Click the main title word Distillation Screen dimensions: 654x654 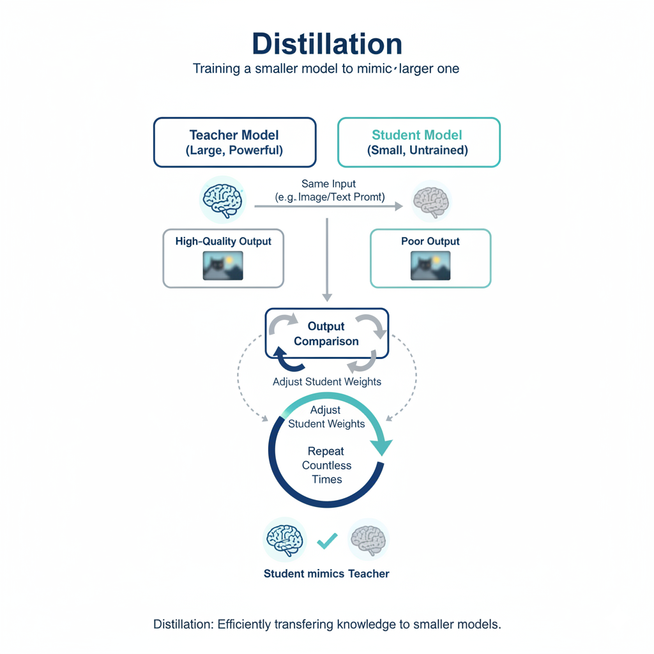click(327, 44)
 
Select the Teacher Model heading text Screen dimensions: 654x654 click(234, 135)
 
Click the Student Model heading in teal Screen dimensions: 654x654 click(417, 135)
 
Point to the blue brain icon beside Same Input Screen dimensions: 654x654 click(222, 199)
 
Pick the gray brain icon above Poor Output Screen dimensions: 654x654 click(431, 200)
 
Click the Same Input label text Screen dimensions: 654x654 click(329, 184)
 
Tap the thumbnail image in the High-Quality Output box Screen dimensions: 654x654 click(223, 265)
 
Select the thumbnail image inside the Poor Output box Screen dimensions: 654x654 click(430, 265)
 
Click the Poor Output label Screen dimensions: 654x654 click(430, 241)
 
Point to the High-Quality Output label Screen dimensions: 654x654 click(223, 241)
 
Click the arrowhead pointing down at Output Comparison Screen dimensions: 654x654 click(327, 297)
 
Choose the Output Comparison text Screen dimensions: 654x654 click(326, 333)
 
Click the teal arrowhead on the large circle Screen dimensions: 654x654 click(383, 447)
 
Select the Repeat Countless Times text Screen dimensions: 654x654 click(326, 466)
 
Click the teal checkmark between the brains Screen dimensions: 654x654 click(327, 542)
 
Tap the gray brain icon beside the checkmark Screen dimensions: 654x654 click(369, 538)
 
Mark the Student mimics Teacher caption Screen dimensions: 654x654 click(326, 574)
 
